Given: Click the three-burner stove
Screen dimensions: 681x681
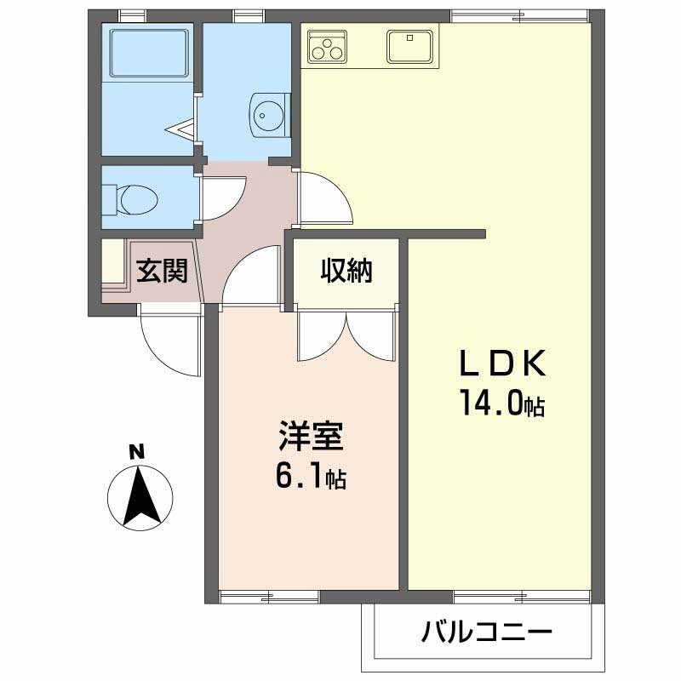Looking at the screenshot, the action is pyautogui.click(x=327, y=45).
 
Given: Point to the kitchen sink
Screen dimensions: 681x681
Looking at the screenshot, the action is pyautogui.click(x=410, y=46).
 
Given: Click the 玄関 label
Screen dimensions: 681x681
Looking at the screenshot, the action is pyautogui.click(x=162, y=271).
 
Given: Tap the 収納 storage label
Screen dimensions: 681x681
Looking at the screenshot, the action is pyautogui.click(x=346, y=271).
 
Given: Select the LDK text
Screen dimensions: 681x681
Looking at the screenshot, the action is pyautogui.click(x=503, y=363).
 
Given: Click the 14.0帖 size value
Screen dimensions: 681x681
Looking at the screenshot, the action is pyautogui.click(x=502, y=403).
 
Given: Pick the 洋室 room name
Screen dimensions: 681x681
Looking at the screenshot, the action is pyautogui.click(x=312, y=436).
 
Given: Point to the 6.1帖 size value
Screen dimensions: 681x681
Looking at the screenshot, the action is pyautogui.click(x=311, y=476).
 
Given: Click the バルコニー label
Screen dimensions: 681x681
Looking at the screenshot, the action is pyautogui.click(x=486, y=632).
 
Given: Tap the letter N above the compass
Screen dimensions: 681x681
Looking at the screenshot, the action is pyautogui.click(x=137, y=453).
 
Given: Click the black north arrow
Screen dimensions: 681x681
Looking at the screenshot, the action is pyautogui.click(x=140, y=496).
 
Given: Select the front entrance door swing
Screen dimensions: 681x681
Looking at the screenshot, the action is pyautogui.click(x=171, y=340).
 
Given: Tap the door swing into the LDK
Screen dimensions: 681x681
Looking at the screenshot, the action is pyautogui.click(x=325, y=197).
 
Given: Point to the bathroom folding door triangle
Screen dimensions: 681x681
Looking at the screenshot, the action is pyautogui.click(x=181, y=129).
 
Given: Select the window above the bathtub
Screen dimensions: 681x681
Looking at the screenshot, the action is pyautogui.click(x=133, y=15).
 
